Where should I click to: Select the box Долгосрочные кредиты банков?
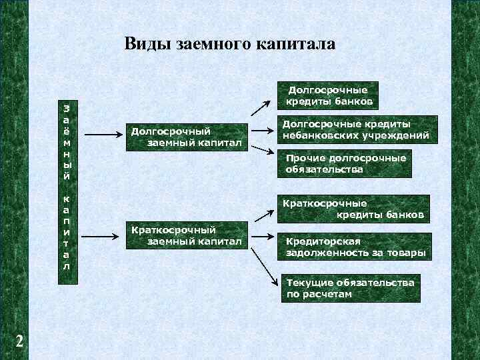pyautogui.click(x=327, y=95)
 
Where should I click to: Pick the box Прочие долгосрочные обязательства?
pyautogui.click(x=345, y=164)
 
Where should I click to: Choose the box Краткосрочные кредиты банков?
pyautogui.click(x=353, y=208)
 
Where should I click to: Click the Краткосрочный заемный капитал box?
pyautogui.click(x=187, y=235)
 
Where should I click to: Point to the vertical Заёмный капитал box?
pyautogui.click(x=67, y=186)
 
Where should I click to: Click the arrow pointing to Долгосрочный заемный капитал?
pyautogui.click(x=103, y=135)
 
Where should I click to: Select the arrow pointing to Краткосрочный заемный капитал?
pyautogui.click(x=103, y=234)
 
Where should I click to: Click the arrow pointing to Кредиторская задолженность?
pyautogui.click(x=263, y=237)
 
